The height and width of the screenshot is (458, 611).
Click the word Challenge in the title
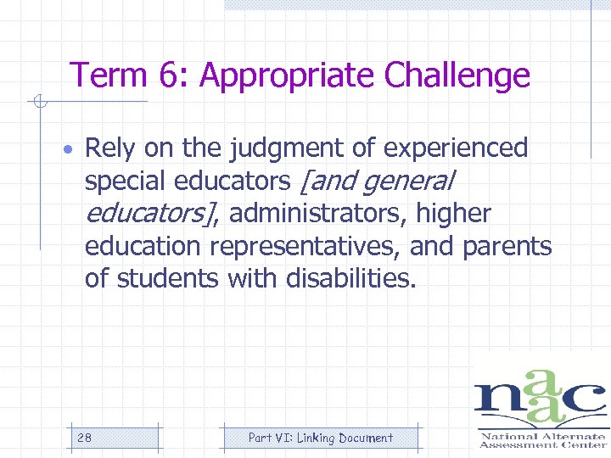pyautogui.click(x=457, y=76)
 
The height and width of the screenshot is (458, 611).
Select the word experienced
pyautogui.click(x=456, y=148)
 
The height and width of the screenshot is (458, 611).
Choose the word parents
pyautogui.click(x=507, y=246)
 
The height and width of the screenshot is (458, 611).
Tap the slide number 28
pyautogui.click(x=84, y=438)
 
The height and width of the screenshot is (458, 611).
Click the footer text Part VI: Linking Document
pyautogui.click(x=320, y=438)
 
